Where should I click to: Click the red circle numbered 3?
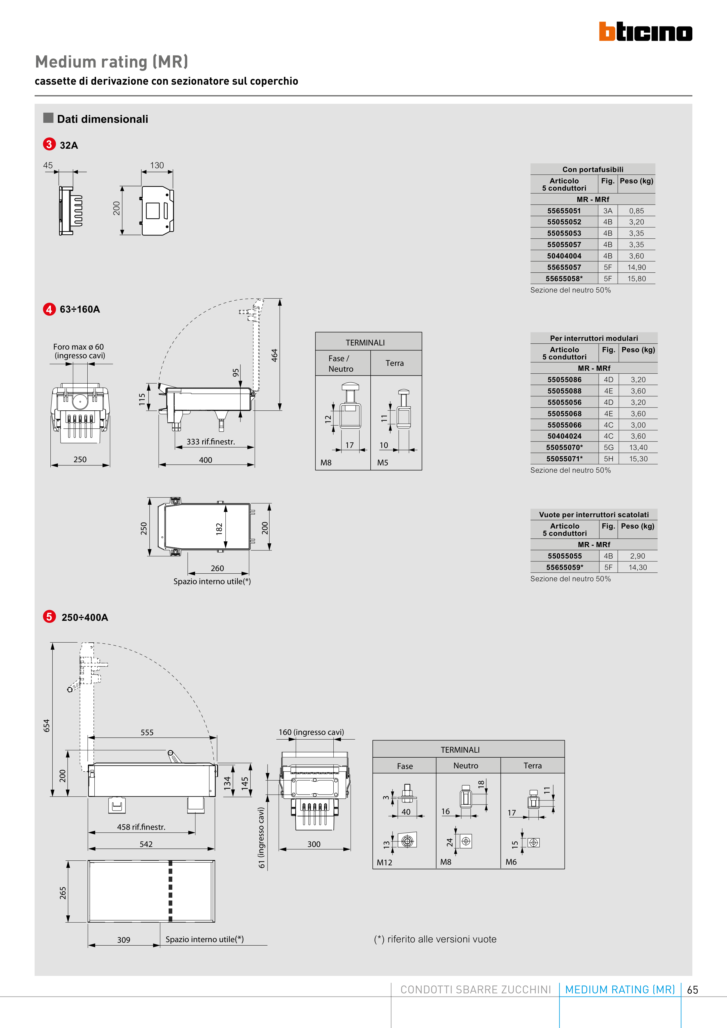click(49, 144)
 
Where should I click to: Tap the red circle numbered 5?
click(49, 616)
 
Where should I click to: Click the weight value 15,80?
click(636, 279)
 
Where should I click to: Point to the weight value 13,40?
click(638, 447)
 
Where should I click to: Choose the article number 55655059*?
click(565, 567)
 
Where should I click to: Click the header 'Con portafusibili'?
click(592, 169)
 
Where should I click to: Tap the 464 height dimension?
click(274, 355)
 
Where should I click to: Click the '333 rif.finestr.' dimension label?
click(211, 442)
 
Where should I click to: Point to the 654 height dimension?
click(47, 725)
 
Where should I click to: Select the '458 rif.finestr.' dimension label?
click(141, 827)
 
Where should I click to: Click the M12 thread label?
click(384, 862)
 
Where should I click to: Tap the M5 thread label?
click(383, 462)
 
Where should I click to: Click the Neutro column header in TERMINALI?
click(466, 766)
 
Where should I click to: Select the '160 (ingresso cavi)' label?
click(311, 732)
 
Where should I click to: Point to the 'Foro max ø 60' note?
click(78, 347)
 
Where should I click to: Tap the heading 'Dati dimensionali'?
click(102, 119)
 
